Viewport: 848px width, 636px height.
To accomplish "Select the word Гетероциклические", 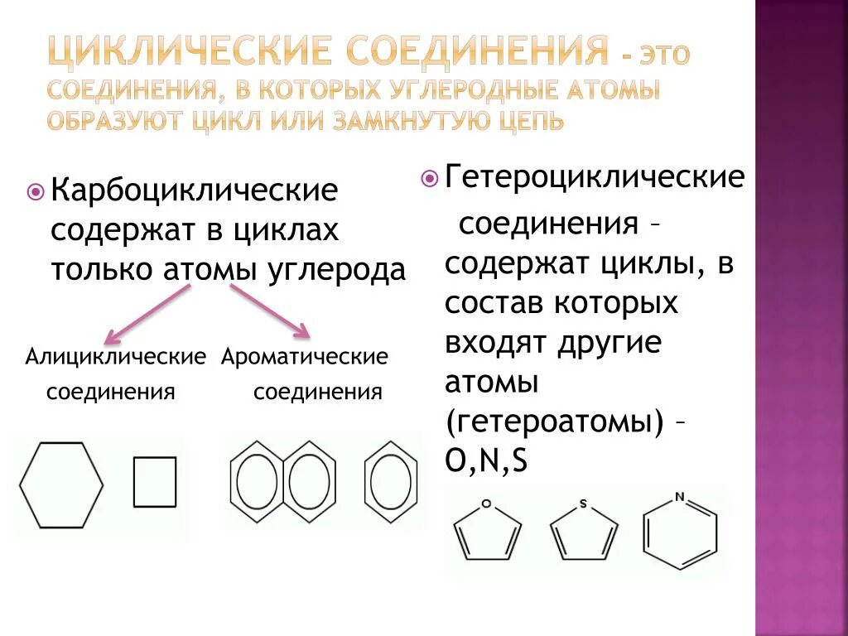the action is point(595,176).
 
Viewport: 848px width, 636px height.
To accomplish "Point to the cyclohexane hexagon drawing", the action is point(61,485).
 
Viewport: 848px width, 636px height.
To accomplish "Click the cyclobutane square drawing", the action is point(155,482).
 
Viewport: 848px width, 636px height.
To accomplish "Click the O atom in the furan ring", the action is point(486,503).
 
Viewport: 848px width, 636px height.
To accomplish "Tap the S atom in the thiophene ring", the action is point(583,503).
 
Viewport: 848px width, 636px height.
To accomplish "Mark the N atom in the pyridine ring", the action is point(680,498).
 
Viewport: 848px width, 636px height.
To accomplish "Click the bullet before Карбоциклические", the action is point(36,192).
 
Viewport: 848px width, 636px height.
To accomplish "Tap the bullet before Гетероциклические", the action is point(429,177).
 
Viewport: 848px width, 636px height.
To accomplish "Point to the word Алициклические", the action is point(115,357).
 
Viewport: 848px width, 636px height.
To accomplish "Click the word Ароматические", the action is point(305,357).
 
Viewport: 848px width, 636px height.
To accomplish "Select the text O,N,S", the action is point(486,460).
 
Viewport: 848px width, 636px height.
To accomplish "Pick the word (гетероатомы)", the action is point(555,422).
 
